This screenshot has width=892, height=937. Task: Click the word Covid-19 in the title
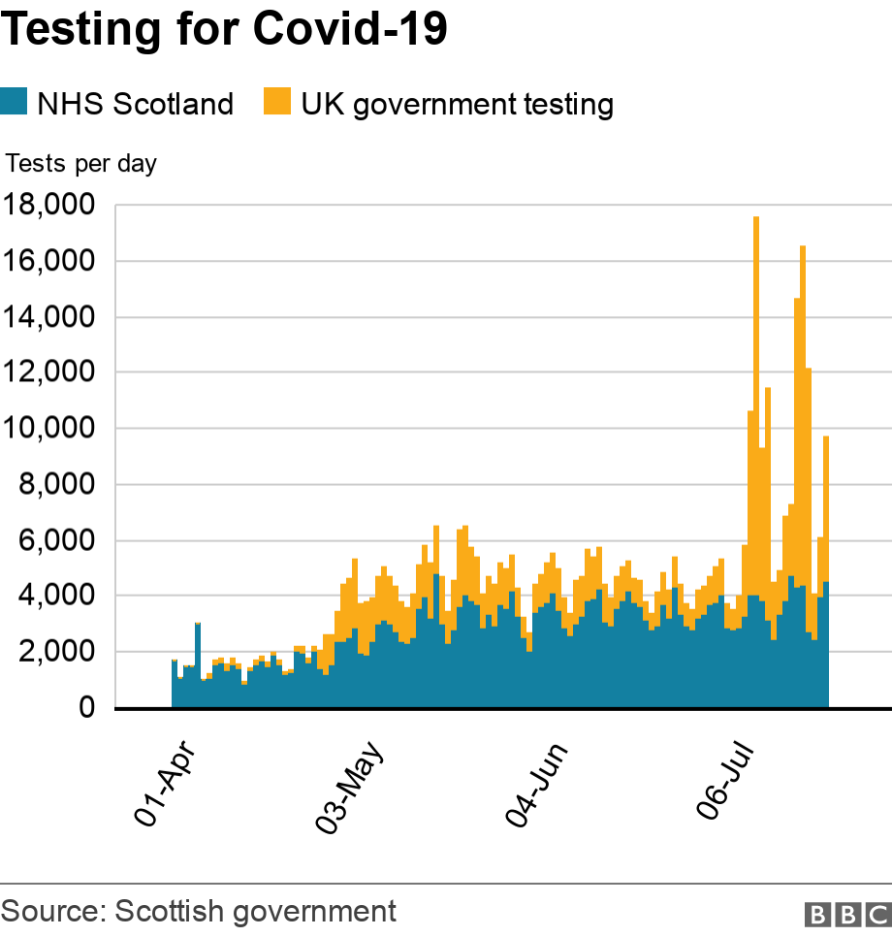pyautogui.click(x=350, y=30)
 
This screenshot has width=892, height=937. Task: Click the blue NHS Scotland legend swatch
pyautogui.click(x=15, y=102)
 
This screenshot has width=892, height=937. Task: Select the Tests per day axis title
pyautogui.click(x=81, y=164)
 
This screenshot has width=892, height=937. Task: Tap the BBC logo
pyautogui.click(x=846, y=914)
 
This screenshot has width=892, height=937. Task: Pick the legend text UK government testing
pyautogui.click(x=457, y=104)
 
